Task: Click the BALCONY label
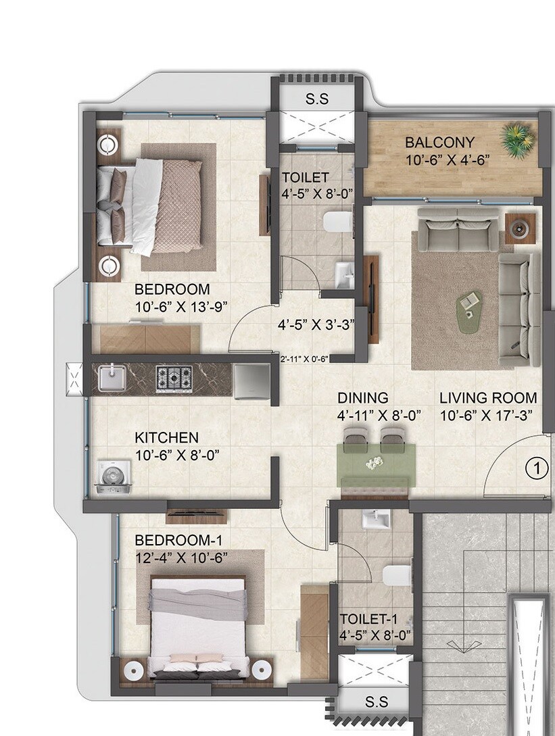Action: coord(439,143)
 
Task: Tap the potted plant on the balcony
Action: coord(518,138)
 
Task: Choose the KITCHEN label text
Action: coord(166,437)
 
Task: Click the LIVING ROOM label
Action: coord(488,398)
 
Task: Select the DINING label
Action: coord(363,398)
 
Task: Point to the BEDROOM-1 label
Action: coord(178,540)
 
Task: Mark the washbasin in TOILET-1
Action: coord(374,520)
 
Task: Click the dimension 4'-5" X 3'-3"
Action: coord(316,324)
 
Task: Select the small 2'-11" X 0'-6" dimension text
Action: coord(304,359)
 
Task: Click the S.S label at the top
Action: coord(316,99)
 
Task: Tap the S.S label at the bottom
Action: coord(376,702)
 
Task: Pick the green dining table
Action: coord(376,461)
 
